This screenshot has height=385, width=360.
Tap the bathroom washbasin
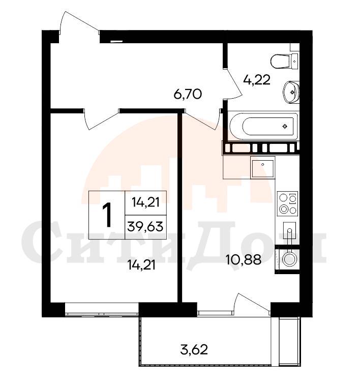tap(291, 92)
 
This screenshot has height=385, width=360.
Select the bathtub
tap(264, 126)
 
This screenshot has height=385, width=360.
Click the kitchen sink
tap(262, 168)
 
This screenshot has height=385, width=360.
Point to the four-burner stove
tap(288, 203)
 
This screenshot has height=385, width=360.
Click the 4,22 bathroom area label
tap(257, 80)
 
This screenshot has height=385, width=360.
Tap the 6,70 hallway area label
tap(188, 94)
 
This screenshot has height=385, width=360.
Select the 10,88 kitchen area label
tap(244, 259)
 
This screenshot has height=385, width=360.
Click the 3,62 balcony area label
tap(194, 349)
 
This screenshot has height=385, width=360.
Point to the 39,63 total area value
tap(145, 227)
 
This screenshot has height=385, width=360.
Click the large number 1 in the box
tap(107, 215)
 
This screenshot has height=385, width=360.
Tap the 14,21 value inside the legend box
tap(145, 202)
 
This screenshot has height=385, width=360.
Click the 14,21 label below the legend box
tap(141, 265)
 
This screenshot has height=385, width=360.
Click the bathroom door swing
tap(232, 83)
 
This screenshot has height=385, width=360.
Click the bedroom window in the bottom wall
tap(102, 309)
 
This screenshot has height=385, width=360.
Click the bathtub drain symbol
tap(285, 126)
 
